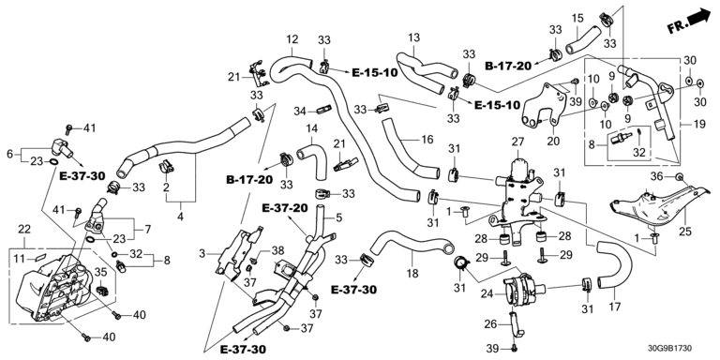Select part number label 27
point(517,142)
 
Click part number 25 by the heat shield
point(685,232)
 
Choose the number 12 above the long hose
point(292,39)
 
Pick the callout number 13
point(413,37)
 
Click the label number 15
point(577,19)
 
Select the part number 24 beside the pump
point(487,292)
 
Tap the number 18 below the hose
point(412,274)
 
